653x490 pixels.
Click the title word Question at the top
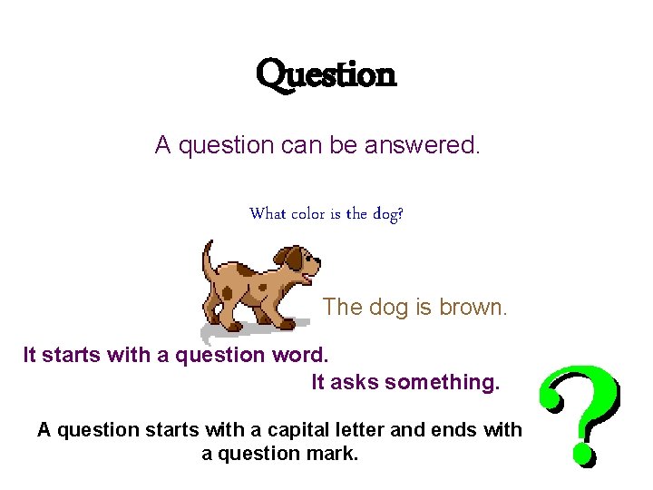pos(326,75)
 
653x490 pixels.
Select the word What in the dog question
pos(268,214)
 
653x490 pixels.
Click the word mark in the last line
pos(337,453)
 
